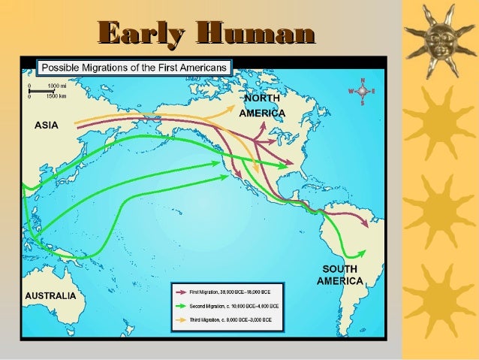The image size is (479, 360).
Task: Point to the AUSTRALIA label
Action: click(51, 295)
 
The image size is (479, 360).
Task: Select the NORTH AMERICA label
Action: click(261, 106)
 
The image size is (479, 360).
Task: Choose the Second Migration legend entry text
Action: click(234, 306)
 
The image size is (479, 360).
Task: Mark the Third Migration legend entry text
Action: click(234, 320)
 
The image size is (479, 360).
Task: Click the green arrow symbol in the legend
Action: click(179, 306)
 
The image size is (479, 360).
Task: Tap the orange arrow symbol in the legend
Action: click(179, 320)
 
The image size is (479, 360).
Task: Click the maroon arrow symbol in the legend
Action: click(179, 292)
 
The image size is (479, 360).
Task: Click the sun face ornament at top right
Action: click(439, 42)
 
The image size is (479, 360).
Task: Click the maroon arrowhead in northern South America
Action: click(364, 223)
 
